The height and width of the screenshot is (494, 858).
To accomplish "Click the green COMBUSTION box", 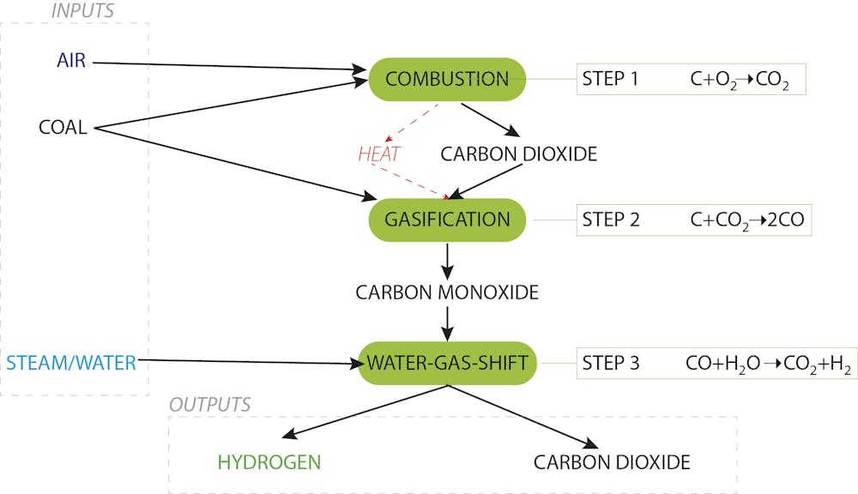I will pyautogui.click(x=447, y=79).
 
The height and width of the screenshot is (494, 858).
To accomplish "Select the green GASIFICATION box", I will pyautogui.click(x=447, y=220).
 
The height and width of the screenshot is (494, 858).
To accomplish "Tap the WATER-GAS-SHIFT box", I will pyautogui.click(x=447, y=363).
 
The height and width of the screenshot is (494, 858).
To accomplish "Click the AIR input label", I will pyautogui.click(x=71, y=62).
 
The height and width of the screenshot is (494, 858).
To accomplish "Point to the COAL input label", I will pyautogui.click(x=63, y=128).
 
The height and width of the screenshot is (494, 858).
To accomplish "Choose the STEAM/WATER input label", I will pyautogui.click(x=70, y=363).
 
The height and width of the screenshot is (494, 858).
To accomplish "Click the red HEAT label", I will pyautogui.click(x=379, y=154).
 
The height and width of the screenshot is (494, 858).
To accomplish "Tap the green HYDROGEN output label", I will pyautogui.click(x=269, y=462).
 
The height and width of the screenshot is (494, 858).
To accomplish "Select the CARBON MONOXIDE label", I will pyautogui.click(x=447, y=292).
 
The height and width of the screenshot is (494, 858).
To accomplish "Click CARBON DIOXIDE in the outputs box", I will pyautogui.click(x=612, y=462).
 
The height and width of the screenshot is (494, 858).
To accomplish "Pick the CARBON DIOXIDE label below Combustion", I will pyautogui.click(x=518, y=154).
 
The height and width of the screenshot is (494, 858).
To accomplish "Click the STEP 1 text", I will pyautogui.click(x=610, y=80).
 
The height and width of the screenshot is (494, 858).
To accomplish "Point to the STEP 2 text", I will pyautogui.click(x=611, y=220).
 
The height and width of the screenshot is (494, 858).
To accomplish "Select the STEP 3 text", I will pyautogui.click(x=611, y=363).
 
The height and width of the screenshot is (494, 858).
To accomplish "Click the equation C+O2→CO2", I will pyautogui.click(x=740, y=81).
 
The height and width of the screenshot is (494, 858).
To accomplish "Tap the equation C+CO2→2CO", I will pyautogui.click(x=746, y=220).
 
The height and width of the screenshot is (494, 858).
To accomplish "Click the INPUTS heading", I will pyautogui.click(x=82, y=11).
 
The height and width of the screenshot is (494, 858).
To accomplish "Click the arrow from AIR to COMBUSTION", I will pyautogui.click(x=223, y=65).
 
